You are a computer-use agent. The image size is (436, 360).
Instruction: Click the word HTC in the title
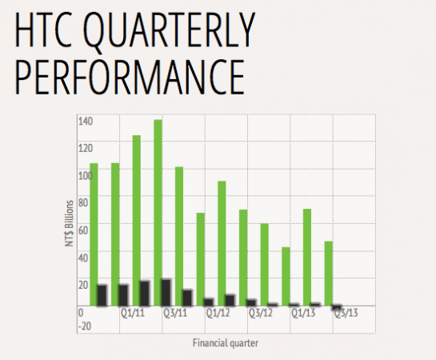43,30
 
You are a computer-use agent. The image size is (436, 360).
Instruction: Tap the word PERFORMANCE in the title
130,77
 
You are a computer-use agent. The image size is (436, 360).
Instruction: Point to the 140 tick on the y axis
86,122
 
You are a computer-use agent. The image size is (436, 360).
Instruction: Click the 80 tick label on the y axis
83,203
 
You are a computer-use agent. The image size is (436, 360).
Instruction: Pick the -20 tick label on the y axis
85,326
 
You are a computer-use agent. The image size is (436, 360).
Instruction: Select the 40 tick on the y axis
83,258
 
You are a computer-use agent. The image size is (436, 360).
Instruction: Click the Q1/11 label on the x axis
133,313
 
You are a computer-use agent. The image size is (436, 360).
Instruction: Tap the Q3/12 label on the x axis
261,313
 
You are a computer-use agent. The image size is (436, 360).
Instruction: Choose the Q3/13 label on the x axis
346,313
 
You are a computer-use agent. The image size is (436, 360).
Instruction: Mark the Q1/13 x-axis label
303,313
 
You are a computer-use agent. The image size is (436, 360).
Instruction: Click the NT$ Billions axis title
70,223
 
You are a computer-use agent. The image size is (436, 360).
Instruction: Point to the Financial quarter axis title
226,343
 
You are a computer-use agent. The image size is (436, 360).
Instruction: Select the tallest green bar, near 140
158,213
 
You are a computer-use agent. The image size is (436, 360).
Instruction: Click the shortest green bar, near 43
286,277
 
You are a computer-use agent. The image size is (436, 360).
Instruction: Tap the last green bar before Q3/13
329,274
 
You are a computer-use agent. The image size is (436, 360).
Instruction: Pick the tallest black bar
166,293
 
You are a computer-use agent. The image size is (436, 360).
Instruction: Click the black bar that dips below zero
337,307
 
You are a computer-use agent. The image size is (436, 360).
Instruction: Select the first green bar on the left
94,234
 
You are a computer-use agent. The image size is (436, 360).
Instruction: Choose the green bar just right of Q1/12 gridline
222,243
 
